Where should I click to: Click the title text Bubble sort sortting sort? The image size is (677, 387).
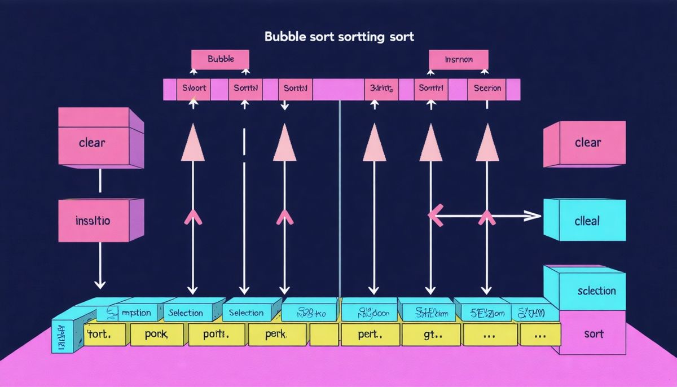click(339, 37)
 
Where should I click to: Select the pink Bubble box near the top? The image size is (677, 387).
click(220, 59)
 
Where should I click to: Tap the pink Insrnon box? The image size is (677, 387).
click(458, 59)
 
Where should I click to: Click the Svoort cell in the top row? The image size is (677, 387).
click(195, 89)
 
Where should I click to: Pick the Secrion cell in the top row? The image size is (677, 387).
click(487, 89)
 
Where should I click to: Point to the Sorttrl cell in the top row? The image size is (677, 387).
click(431, 89)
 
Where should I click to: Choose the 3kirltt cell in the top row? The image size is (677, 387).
click(381, 89)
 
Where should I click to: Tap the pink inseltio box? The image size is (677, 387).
click(93, 221)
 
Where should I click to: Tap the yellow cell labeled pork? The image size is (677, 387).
click(157, 334)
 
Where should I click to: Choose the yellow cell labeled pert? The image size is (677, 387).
click(371, 334)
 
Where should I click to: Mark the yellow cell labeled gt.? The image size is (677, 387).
click(432, 334)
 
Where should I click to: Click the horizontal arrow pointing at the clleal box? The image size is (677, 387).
click(485, 215)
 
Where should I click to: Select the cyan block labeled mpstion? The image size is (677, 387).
click(134, 313)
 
